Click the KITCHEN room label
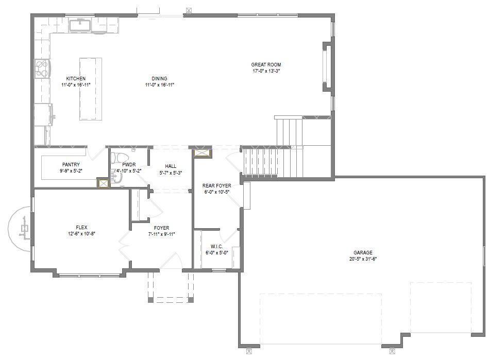(76, 79)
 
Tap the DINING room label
(160, 79)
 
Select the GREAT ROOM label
(266, 65)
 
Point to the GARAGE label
(363, 253)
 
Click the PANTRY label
(71, 165)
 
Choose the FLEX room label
(81, 227)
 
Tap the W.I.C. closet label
(216, 246)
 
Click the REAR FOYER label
(216, 186)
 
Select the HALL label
(171, 166)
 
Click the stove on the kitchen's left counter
(42, 68)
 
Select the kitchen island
(90, 89)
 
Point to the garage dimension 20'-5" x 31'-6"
(363, 259)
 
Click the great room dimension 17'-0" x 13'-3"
(266, 71)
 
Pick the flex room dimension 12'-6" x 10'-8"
(81, 233)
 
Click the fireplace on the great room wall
(326, 67)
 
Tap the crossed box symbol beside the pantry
(103, 183)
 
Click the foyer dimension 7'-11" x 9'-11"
(162, 234)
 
